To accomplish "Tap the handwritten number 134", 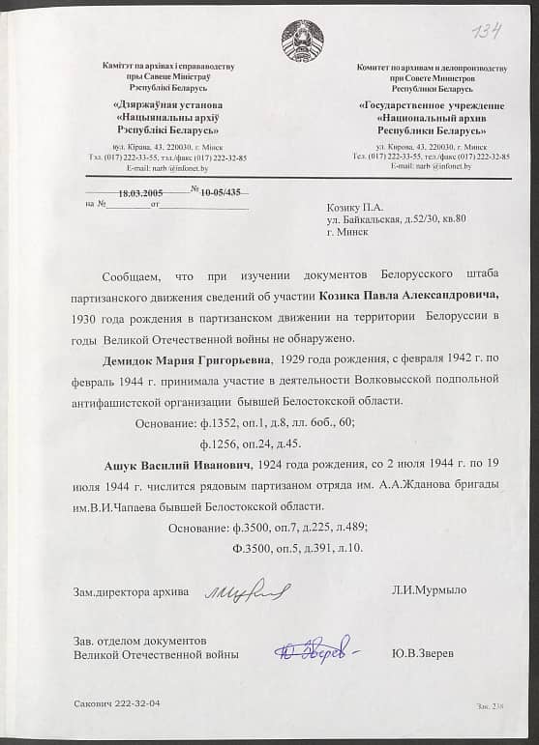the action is (487, 32).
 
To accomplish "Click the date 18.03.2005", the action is (140, 192).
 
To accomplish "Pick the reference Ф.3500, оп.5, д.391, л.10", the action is (296, 549).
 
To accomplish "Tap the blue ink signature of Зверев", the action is (314, 652).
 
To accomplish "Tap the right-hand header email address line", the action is (431, 166).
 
